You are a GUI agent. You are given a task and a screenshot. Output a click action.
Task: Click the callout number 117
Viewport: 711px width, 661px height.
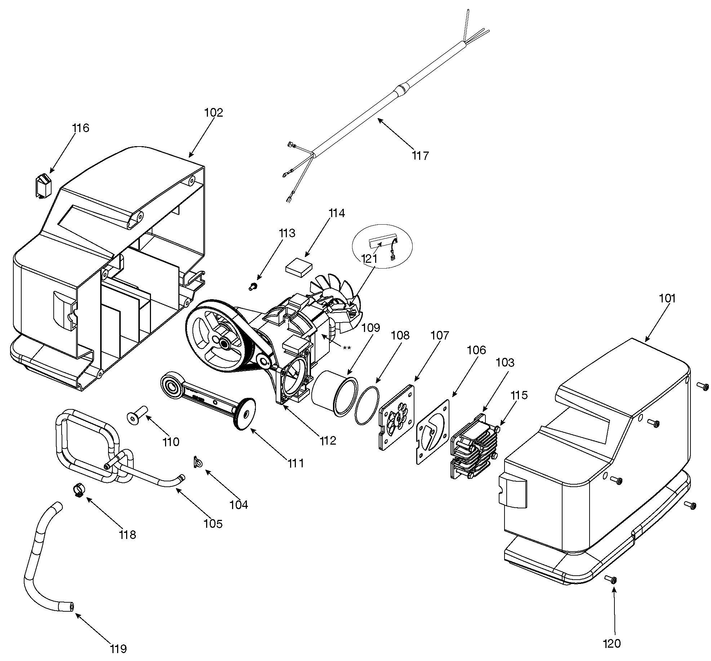click(421, 156)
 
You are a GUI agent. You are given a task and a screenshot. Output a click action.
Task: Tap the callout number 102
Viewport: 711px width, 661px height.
click(214, 113)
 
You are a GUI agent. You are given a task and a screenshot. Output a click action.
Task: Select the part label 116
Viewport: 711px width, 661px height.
click(80, 128)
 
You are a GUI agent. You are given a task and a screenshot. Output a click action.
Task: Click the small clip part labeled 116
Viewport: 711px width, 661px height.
click(43, 186)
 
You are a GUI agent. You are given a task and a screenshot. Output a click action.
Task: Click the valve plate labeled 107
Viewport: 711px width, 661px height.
click(396, 417)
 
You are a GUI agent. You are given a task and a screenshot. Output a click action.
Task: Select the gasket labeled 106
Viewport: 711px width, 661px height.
click(434, 431)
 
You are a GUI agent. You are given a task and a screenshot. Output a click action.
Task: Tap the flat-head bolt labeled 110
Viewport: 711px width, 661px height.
click(138, 414)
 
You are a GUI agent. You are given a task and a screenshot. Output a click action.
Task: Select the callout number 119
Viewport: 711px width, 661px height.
click(118, 649)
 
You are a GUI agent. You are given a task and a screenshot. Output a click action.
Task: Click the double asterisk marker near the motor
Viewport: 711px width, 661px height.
click(347, 348)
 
